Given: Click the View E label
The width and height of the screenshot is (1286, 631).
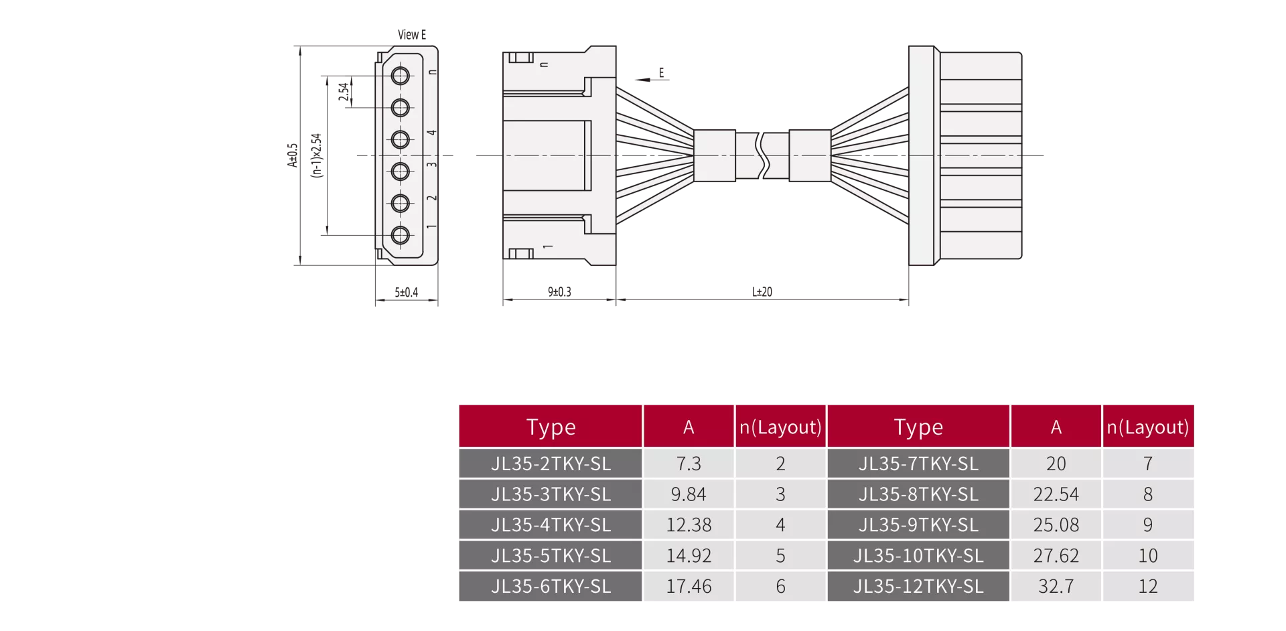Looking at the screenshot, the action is [x=411, y=35].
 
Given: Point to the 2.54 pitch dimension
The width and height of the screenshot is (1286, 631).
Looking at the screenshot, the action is [x=344, y=92].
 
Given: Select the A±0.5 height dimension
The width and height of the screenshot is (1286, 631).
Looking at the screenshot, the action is [x=292, y=155].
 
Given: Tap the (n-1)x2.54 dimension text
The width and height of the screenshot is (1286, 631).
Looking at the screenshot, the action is [x=316, y=155].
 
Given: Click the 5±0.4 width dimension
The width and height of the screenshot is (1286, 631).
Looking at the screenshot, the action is [x=406, y=292].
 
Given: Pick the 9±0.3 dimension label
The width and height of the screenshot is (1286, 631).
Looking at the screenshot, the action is [x=559, y=291].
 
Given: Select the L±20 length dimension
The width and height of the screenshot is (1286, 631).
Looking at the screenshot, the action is [x=762, y=291].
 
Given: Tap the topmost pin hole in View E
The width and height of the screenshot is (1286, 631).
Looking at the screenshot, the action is [x=401, y=76].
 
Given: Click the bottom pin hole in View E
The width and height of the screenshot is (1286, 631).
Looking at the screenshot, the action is [x=401, y=235].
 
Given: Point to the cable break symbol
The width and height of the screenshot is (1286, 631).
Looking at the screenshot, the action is [x=762, y=155].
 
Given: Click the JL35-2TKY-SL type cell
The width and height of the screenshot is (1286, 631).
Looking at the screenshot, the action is [x=551, y=464].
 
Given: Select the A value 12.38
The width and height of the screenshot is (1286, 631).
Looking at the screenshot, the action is [x=689, y=524].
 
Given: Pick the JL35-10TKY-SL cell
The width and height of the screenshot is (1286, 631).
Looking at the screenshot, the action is [x=918, y=555].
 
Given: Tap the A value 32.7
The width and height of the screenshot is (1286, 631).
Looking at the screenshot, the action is [x=1056, y=586].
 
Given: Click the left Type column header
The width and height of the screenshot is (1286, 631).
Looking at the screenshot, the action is [x=551, y=427].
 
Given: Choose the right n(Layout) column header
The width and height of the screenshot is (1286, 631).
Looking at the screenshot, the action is [x=1148, y=427].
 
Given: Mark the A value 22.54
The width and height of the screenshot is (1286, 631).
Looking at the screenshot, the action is [x=1056, y=494].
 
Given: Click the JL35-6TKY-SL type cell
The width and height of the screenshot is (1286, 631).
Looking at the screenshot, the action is [x=551, y=586].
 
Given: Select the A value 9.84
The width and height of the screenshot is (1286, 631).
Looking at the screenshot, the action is [x=689, y=494].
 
